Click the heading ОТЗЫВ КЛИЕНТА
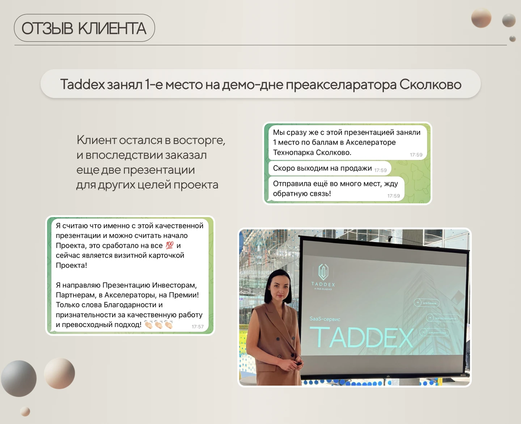84,28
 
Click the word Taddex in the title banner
82,84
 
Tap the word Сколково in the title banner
430,84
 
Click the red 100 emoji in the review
170,245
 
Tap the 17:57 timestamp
198,327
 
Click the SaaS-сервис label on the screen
325,319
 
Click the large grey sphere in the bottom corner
19,378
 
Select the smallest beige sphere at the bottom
25,411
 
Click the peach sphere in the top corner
481,18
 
